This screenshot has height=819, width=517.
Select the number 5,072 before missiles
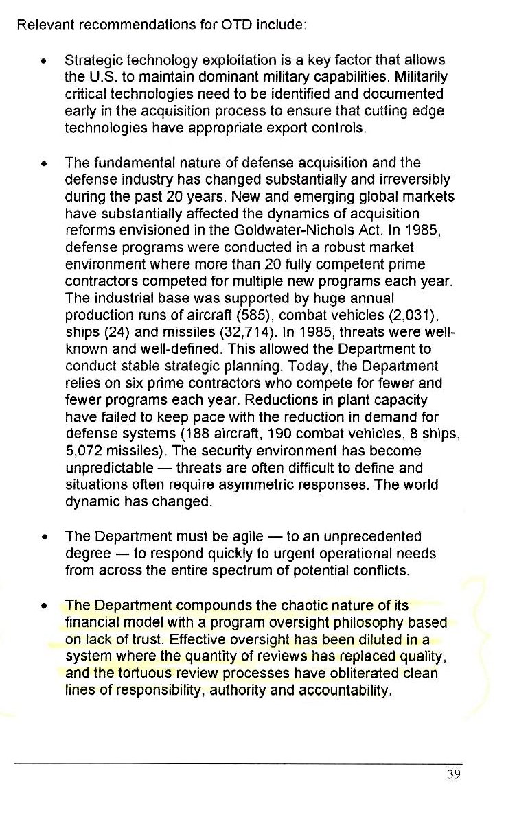pos(81,451)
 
